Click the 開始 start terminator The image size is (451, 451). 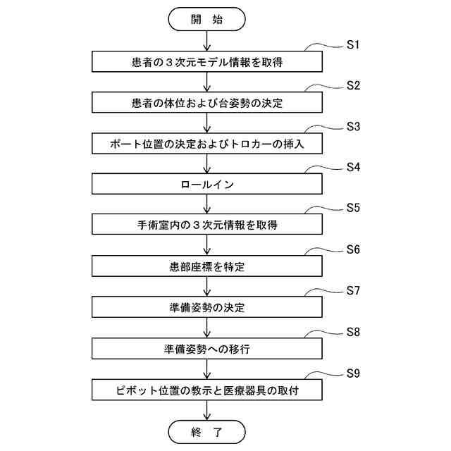tap(206, 19)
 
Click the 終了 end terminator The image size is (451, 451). tap(206, 430)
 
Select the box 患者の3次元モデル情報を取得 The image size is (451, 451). tap(206, 61)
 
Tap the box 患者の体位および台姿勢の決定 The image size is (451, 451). tap(206, 102)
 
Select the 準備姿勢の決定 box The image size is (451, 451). tap(206, 307)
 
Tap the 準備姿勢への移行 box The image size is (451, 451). tap(206, 348)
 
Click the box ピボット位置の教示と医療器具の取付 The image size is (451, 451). tap(206, 389)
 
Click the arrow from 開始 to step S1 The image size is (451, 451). tap(206, 41)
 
